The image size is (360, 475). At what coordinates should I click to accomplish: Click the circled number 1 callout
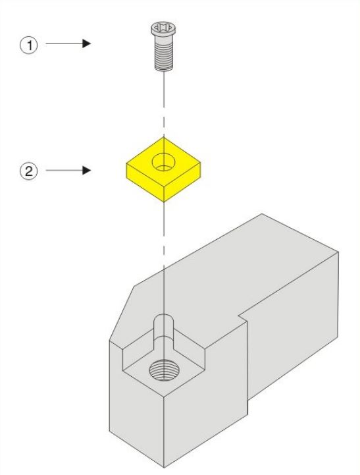click(x=29, y=45)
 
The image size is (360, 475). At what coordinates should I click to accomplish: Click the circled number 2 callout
click(x=29, y=171)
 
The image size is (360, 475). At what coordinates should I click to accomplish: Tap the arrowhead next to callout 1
click(x=86, y=43)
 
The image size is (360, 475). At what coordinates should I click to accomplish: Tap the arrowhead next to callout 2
click(x=86, y=170)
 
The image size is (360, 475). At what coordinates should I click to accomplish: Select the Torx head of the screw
click(x=164, y=29)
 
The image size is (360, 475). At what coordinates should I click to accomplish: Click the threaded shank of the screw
click(x=164, y=55)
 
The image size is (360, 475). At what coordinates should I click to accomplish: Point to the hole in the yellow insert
click(x=164, y=162)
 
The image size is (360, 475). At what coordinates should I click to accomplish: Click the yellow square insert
click(x=163, y=169)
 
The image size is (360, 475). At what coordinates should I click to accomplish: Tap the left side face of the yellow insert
click(x=145, y=182)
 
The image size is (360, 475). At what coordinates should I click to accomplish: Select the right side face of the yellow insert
click(x=182, y=182)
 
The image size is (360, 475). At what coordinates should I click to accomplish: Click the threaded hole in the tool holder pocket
click(x=164, y=370)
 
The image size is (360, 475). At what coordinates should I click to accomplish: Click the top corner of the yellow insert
click(x=164, y=137)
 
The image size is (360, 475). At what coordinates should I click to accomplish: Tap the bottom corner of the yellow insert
click(x=164, y=202)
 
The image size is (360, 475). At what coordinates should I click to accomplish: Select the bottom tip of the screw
click(x=164, y=71)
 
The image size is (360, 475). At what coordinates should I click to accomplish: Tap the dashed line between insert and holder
click(x=164, y=258)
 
